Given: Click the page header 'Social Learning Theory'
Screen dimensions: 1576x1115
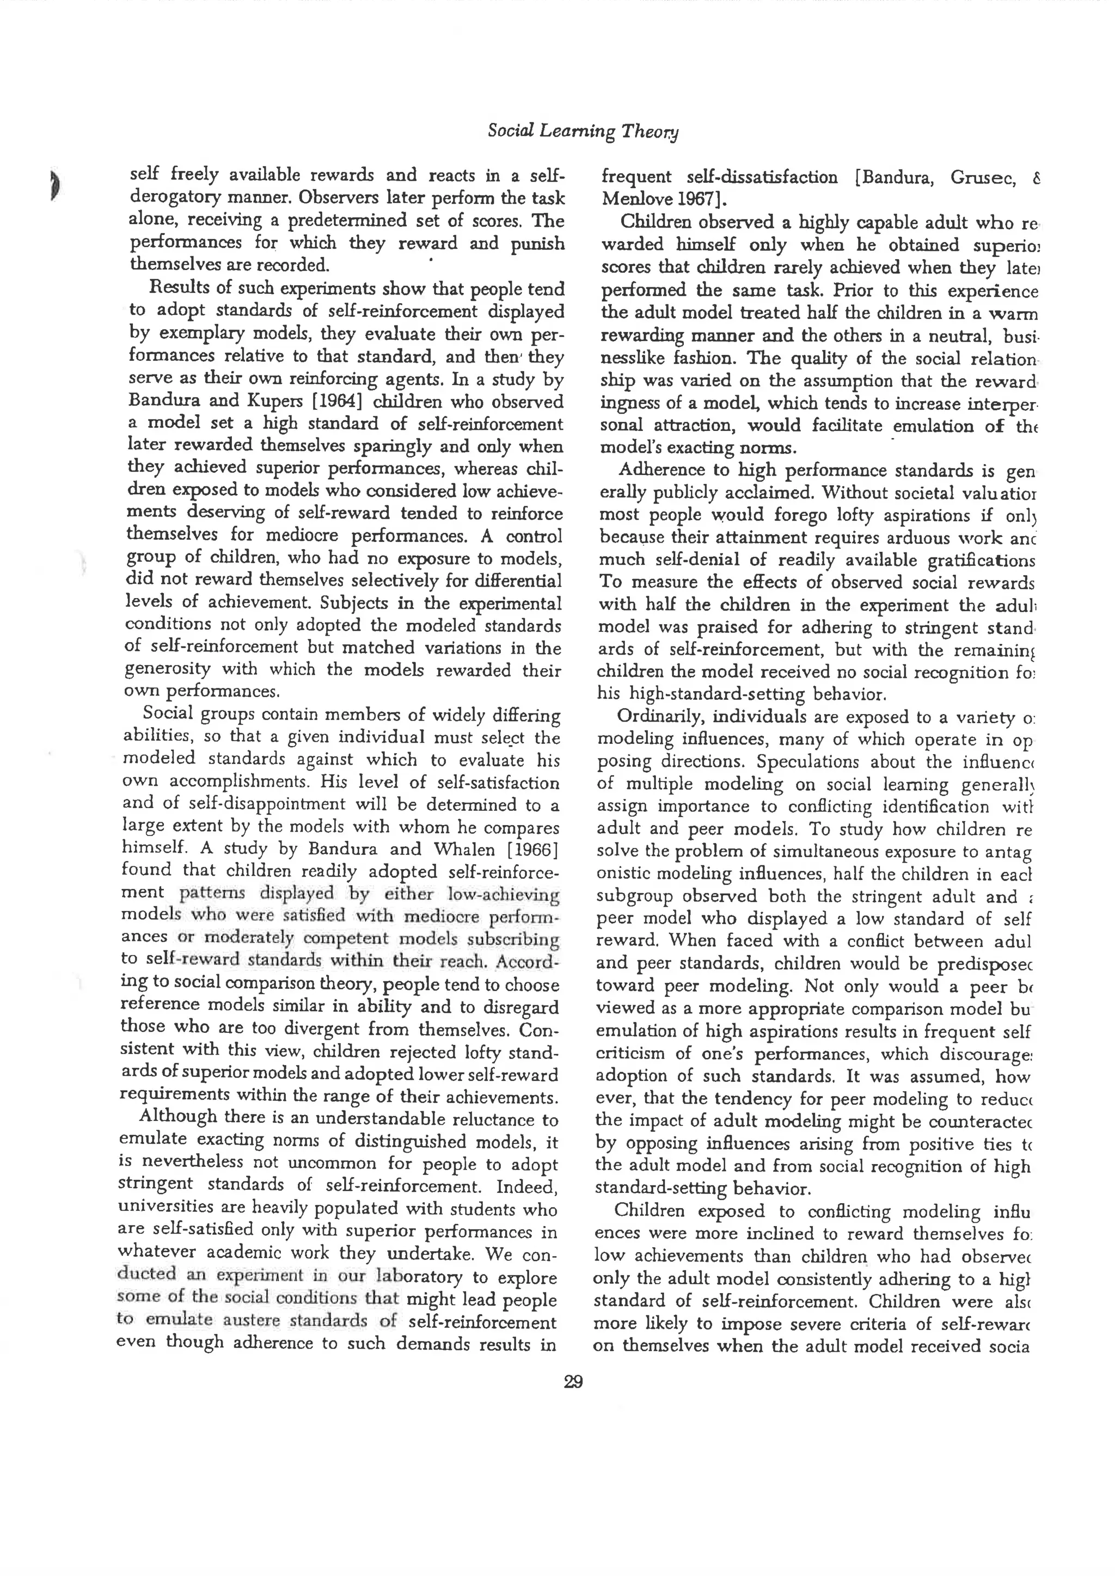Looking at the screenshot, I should click(x=582, y=131).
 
